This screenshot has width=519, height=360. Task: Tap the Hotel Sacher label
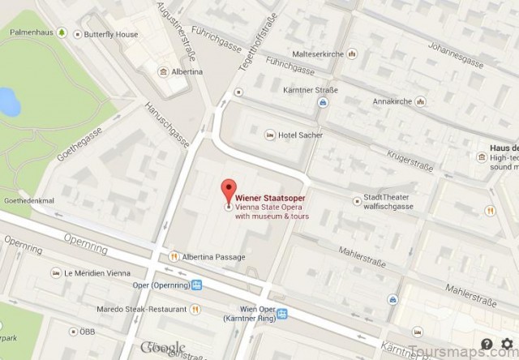pos(299,135)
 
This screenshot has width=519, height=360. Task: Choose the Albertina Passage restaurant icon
pos(173,257)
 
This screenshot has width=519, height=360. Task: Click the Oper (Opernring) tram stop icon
pos(198,285)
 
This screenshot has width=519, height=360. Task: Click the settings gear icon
pos(508,345)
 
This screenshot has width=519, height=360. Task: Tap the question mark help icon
pos(486,345)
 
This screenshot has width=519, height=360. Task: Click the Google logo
pos(163,349)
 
